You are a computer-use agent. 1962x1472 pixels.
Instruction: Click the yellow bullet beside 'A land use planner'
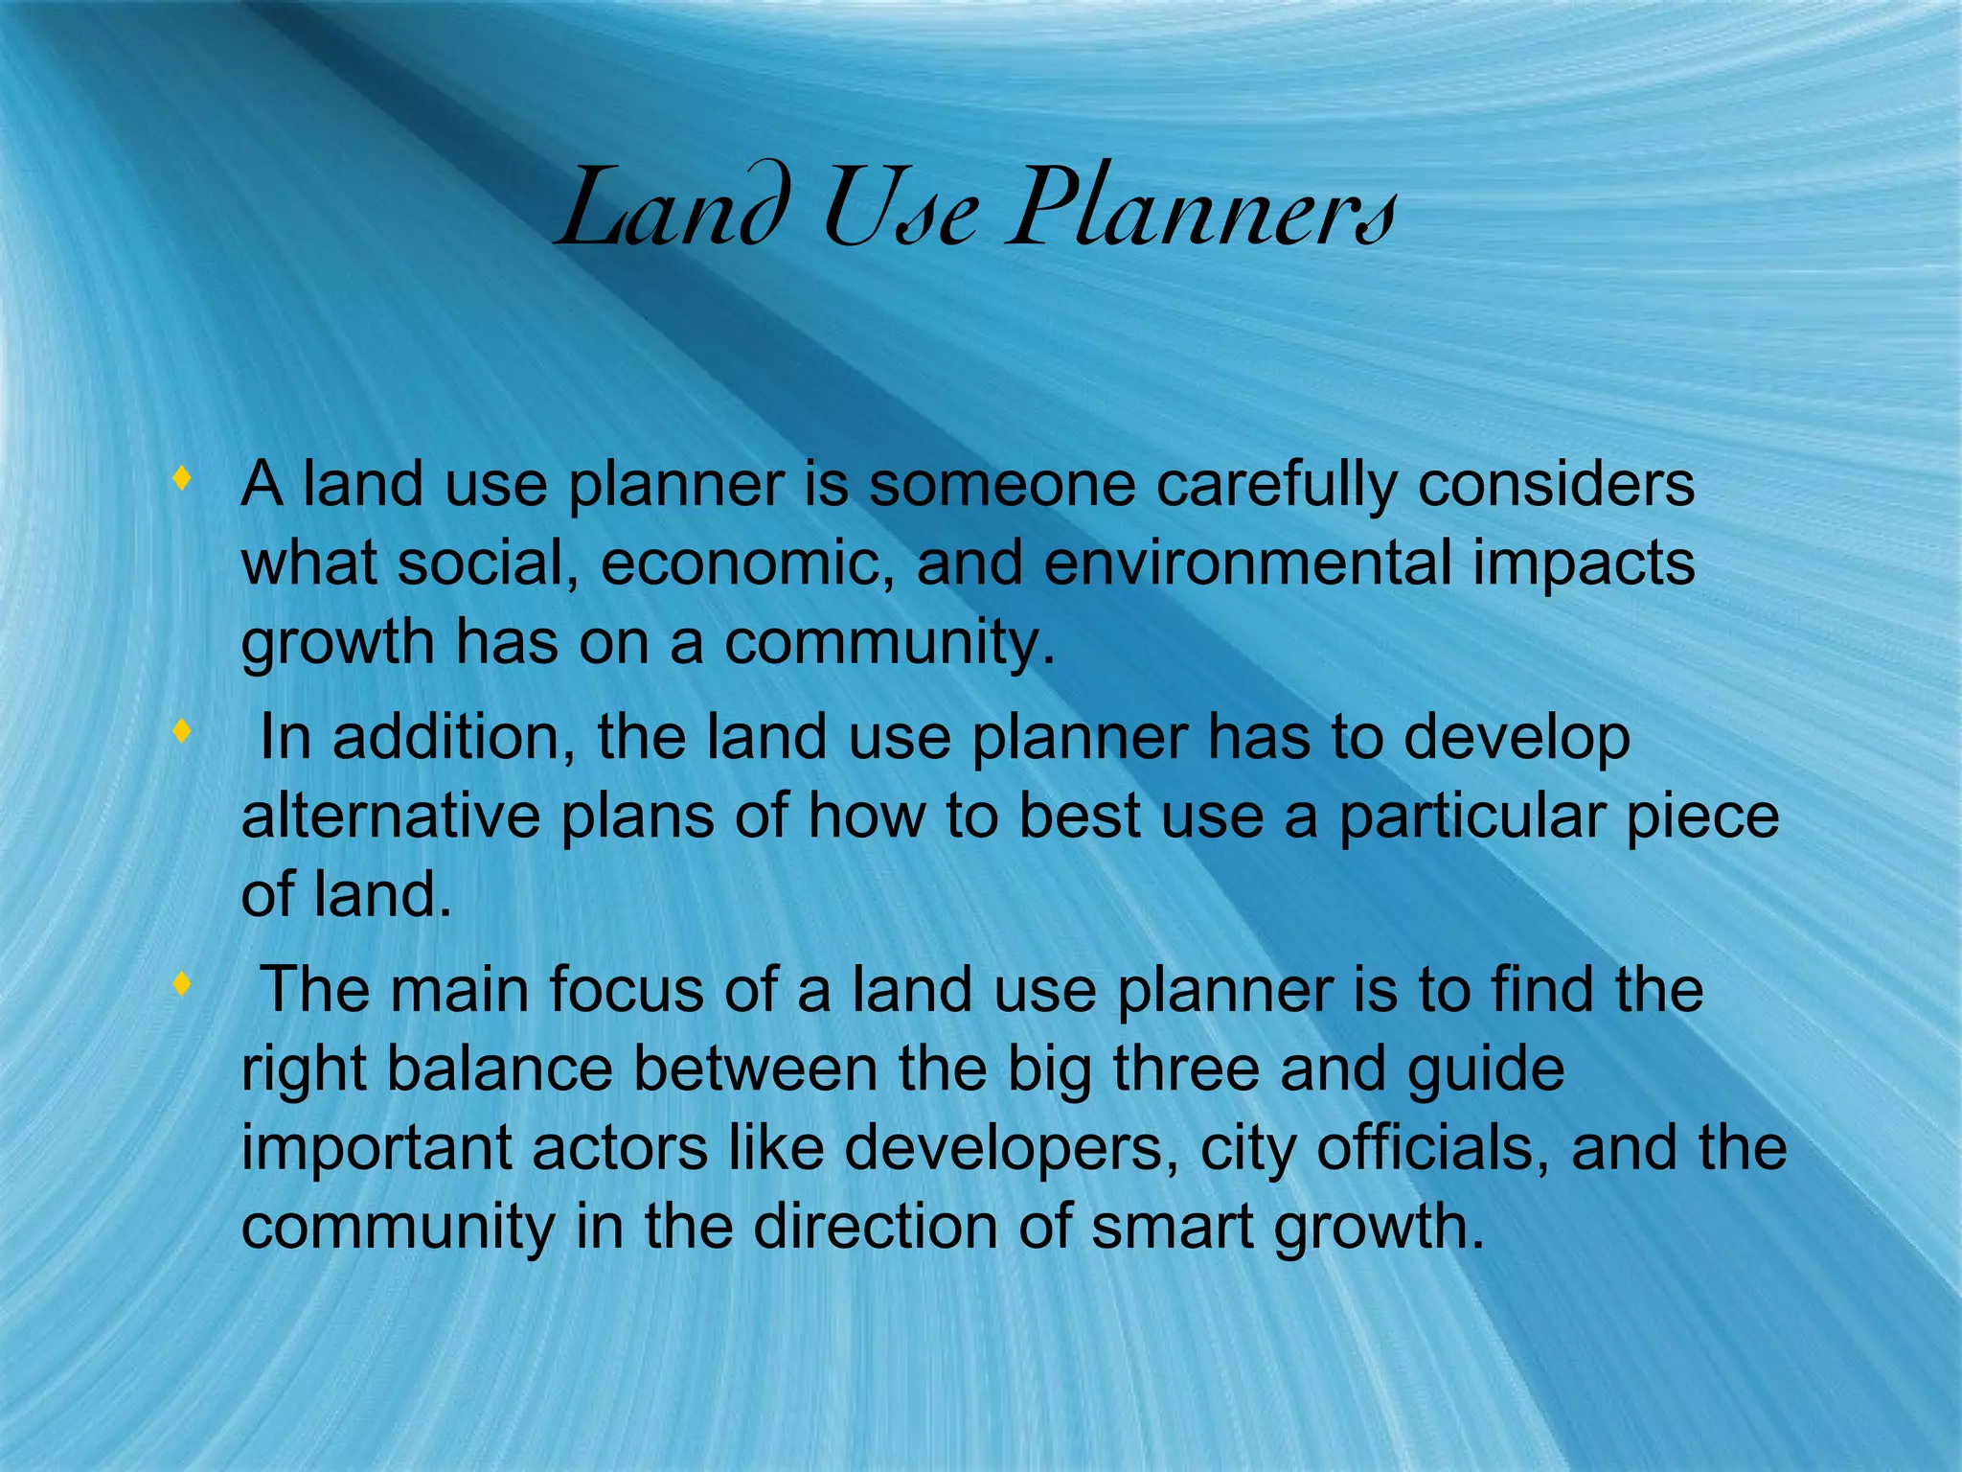[x=181, y=478]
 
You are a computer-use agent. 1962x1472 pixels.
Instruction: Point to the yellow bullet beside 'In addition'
[x=181, y=732]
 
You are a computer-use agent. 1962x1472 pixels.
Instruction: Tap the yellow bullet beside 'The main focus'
[x=181, y=984]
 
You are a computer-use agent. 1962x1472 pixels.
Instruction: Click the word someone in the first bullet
[x=1002, y=485]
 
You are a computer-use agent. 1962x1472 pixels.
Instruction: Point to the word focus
[x=626, y=990]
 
